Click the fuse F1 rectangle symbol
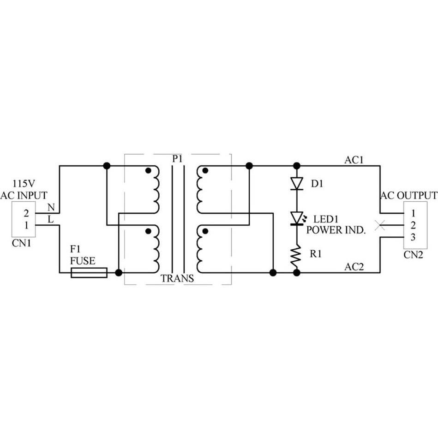pyautogui.click(x=89, y=273)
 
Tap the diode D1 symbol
pyautogui.click(x=296, y=183)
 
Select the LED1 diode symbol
pyautogui.click(x=296, y=217)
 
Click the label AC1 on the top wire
pyautogui.click(x=354, y=160)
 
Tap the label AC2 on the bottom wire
pyautogui.click(x=354, y=267)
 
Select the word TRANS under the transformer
pyautogui.click(x=177, y=279)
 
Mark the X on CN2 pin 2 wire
pyautogui.click(x=380, y=226)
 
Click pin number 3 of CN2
pyautogui.click(x=413, y=237)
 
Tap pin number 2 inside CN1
pyautogui.click(x=26, y=214)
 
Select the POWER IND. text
pyautogui.click(x=336, y=230)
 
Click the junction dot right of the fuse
pyautogui.click(x=119, y=273)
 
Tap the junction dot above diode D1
pyautogui.click(x=296, y=166)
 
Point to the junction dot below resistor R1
pyautogui.click(x=296, y=273)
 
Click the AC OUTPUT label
pyautogui.click(x=409, y=195)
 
